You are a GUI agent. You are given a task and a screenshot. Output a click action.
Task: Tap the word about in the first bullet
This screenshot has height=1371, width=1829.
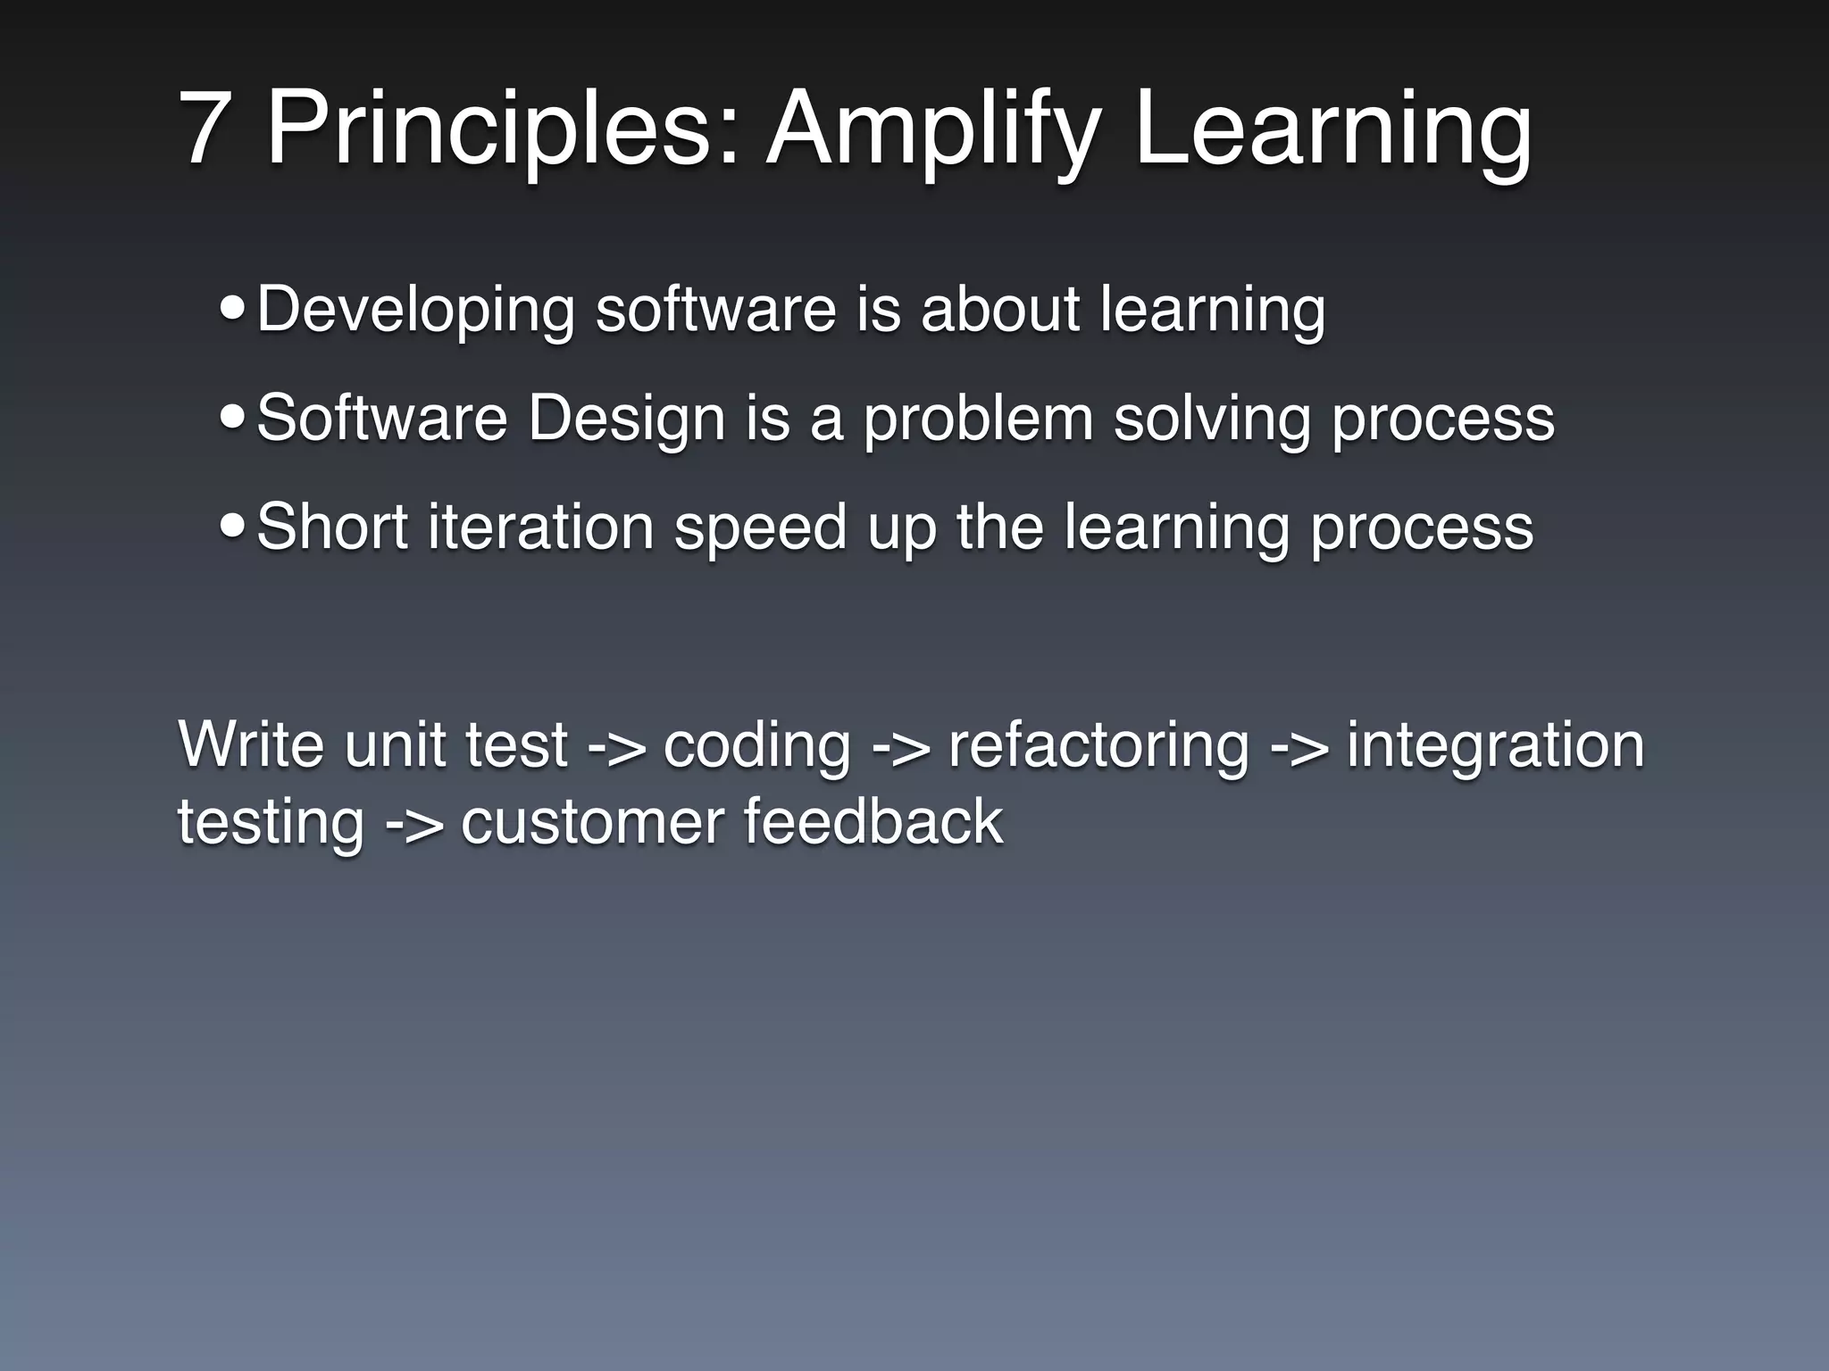1000,309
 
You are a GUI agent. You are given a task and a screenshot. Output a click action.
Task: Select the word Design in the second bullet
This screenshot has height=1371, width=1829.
626,418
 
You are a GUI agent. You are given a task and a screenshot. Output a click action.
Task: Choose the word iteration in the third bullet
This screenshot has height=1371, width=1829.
541,527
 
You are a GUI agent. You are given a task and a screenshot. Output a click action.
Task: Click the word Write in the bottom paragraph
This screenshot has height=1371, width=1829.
251,744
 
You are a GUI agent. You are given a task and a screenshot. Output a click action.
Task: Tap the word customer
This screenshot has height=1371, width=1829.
592,821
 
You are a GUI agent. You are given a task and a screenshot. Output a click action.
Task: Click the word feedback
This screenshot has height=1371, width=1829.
873,821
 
